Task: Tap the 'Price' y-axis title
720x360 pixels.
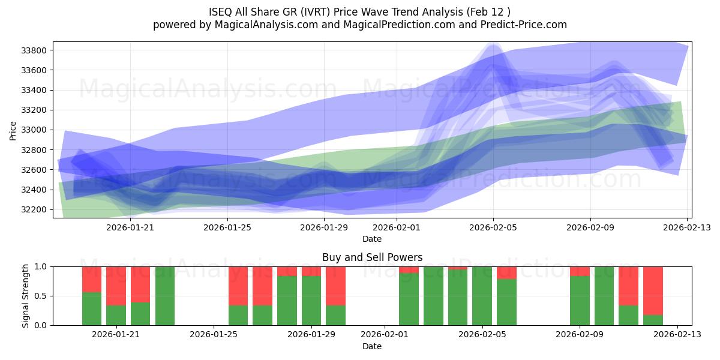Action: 13,130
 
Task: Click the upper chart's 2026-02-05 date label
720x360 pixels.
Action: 493,227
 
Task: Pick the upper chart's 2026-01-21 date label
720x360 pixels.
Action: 130,227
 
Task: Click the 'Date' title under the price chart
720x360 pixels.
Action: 372,239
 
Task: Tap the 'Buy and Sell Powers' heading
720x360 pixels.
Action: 372,257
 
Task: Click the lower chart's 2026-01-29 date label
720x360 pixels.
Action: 311,335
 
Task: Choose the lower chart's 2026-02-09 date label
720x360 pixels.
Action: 580,335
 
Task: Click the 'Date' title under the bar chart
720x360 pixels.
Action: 372,346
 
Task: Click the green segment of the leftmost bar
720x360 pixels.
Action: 92,308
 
